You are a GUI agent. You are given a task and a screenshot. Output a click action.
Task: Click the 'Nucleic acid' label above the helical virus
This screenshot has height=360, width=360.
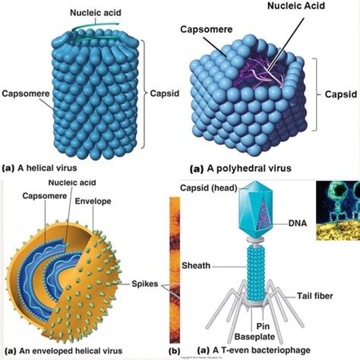pos(96,13)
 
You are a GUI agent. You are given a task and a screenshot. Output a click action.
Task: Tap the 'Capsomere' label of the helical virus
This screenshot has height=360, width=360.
pos(26,93)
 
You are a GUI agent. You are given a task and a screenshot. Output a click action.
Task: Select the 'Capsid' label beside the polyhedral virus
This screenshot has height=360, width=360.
pos(341,94)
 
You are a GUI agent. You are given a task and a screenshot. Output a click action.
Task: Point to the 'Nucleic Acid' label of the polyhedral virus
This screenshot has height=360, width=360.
pos(296,6)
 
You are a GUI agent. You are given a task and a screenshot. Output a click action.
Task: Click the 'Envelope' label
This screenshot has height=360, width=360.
pos(93,201)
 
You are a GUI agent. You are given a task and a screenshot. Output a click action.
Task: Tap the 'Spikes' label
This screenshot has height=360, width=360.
pos(145,284)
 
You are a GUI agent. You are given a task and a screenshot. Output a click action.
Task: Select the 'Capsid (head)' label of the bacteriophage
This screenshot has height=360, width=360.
pos(209,188)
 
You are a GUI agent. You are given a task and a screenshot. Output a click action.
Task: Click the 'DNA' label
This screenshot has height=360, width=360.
pos(298,223)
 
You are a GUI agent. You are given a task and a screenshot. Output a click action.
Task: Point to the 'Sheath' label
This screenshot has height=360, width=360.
pos(196,266)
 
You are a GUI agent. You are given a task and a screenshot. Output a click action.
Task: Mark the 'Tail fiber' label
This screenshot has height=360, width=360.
pos(314,295)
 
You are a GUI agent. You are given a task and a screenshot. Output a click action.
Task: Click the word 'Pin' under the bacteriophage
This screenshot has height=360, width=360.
pos(263,326)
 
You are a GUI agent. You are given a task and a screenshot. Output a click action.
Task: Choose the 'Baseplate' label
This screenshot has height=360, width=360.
pos(254,336)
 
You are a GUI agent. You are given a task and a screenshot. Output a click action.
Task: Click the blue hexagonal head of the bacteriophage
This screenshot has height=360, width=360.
pos(256,210)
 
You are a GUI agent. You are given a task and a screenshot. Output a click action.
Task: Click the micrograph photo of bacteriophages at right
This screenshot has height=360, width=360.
pos(338,210)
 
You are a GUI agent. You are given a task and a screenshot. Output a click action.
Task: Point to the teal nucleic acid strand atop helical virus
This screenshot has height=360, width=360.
pos(96,32)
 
